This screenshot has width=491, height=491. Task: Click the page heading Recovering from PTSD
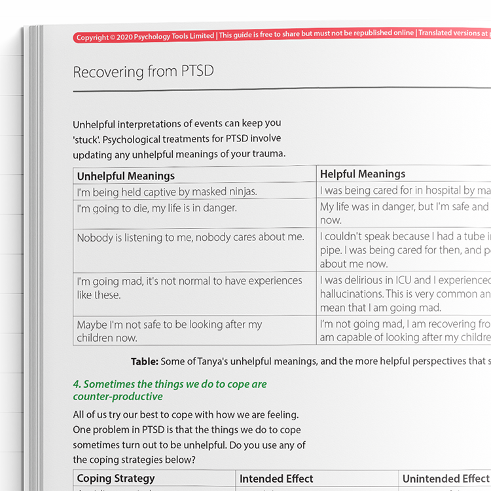[x=143, y=71]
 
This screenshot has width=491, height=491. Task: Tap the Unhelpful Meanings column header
[x=126, y=176]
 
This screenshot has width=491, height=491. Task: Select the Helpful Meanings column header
[x=362, y=174]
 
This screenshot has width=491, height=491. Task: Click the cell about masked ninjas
[x=167, y=192]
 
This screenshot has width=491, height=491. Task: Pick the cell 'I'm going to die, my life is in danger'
[x=156, y=208]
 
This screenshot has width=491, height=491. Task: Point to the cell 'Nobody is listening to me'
[x=191, y=238]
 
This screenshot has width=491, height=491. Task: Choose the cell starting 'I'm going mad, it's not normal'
[x=189, y=287]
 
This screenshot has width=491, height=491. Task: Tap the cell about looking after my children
[x=169, y=331]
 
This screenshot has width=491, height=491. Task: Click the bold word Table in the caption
[x=144, y=361]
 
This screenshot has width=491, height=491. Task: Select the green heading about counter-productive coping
[x=170, y=390]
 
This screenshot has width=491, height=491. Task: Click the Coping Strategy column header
[x=116, y=479]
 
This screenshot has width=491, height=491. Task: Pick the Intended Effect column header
[x=276, y=479]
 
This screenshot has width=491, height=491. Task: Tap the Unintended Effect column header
[x=445, y=479]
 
